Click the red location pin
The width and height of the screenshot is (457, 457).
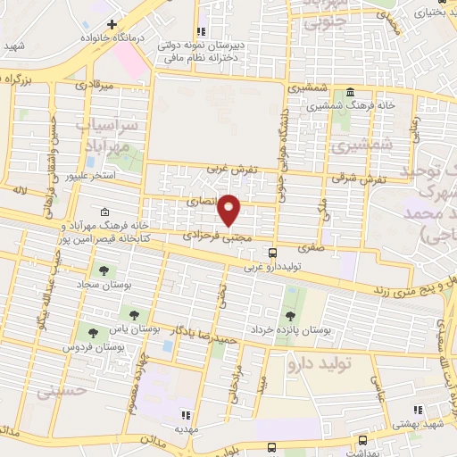point(230,209)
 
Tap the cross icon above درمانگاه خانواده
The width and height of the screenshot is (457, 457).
point(112,24)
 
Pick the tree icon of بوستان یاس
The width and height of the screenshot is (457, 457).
point(135,314)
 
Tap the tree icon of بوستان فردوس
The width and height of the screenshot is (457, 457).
point(91,333)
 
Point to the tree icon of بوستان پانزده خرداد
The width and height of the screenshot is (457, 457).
point(289,316)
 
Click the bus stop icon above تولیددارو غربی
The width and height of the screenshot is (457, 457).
point(272,253)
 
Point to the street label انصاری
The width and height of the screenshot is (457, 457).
point(202,203)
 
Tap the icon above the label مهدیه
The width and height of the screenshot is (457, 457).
point(185,415)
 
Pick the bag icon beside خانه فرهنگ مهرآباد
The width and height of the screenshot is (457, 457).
point(106,212)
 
